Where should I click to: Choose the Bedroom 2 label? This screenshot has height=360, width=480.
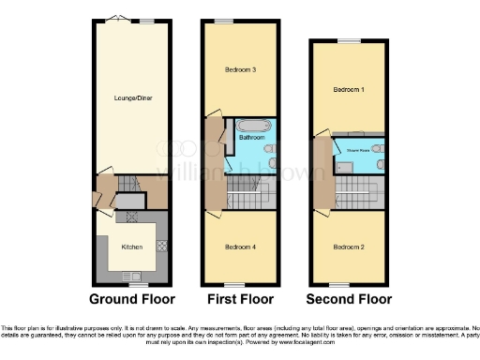pyautogui.click(x=348, y=247)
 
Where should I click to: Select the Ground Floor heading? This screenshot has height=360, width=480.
pyautogui.click(x=131, y=300)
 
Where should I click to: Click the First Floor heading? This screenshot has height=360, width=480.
pyautogui.click(x=240, y=300)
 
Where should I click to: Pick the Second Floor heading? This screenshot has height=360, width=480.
pyautogui.click(x=348, y=300)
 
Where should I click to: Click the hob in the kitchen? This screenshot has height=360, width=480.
pyautogui.click(x=160, y=246)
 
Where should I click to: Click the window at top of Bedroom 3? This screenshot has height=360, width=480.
pyautogui.click(x=223, y=21)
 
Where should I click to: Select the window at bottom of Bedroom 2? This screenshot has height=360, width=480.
pyautogui.click(x=338, y=284)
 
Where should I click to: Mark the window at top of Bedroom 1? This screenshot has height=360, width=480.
pyautogui.click(x=348, y=40)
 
